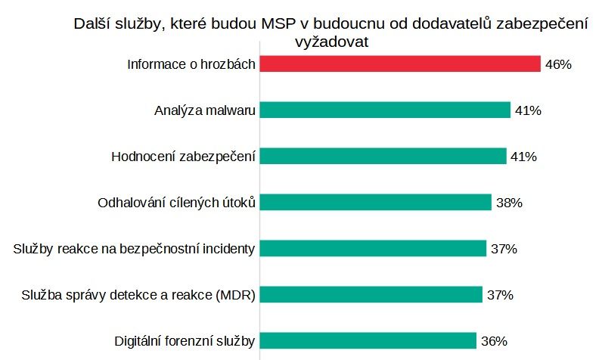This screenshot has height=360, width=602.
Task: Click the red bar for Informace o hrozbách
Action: (400, 64)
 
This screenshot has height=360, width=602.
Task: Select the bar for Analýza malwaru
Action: (385, 110)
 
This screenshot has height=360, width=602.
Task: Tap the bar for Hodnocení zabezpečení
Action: (383, 157)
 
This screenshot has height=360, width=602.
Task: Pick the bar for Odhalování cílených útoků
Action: (376, 203)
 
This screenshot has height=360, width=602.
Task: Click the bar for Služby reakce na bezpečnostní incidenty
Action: (373, 248)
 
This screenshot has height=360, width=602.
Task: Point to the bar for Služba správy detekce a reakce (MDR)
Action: (371, 294)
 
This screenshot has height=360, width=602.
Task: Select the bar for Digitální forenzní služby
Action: (368, 340)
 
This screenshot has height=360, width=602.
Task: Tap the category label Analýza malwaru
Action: (204, 111)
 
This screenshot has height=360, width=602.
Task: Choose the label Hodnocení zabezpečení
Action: (183, 157)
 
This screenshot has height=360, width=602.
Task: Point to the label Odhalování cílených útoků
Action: (178, 203)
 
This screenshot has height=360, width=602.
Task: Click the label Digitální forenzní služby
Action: (185, 340)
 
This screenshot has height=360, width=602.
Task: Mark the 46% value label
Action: (557, 65)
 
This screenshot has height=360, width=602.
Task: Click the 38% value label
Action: (509, 203)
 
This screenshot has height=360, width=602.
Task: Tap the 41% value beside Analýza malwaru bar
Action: (527, 111)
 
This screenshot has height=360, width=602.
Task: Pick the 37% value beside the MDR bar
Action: (500, 295)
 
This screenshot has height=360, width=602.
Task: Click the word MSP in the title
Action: (278, 24)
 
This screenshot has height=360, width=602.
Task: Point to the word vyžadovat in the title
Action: (330, 42)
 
